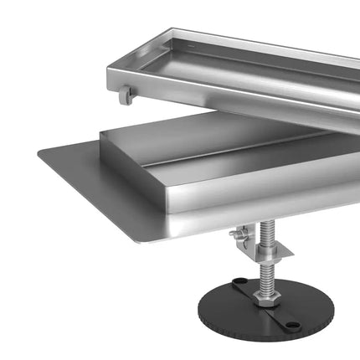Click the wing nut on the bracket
point(237,238)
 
